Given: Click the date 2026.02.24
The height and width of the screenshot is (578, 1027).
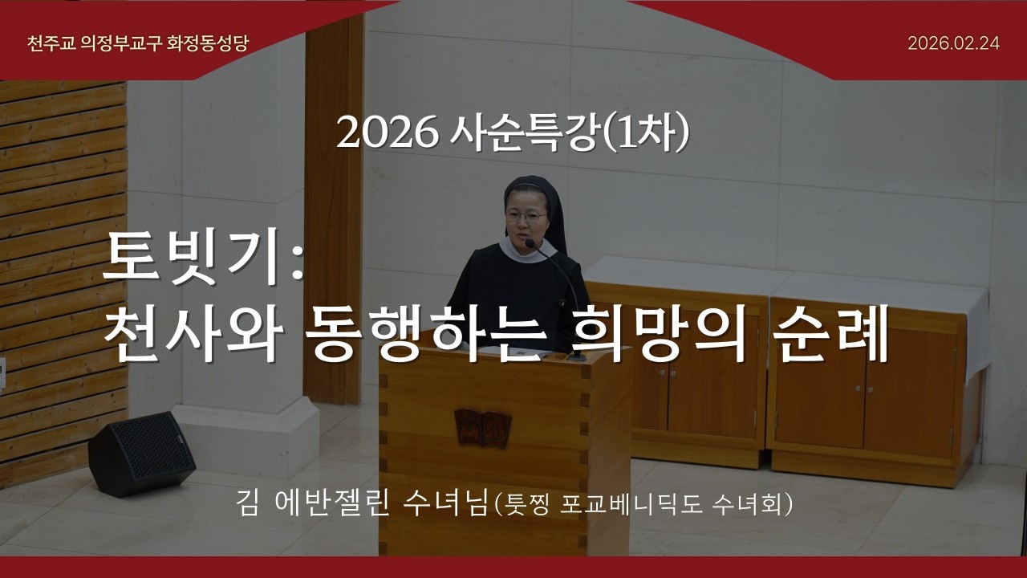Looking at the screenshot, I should click(x=953, y=43).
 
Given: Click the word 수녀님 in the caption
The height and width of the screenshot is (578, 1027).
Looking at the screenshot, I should click(x=447, y=505).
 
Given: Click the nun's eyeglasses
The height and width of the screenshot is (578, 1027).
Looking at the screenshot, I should click(x=527, y=216).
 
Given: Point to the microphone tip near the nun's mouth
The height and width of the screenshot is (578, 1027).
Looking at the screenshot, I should click(x=530, y=242).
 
